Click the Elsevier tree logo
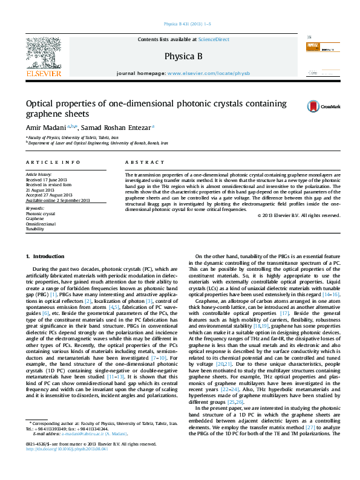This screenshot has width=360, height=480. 43,54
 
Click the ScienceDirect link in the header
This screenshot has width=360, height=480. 214,39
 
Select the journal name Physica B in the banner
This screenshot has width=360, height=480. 180,56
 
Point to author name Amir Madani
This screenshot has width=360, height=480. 45,128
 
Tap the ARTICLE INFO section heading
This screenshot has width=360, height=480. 53,163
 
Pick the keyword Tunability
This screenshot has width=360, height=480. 34,229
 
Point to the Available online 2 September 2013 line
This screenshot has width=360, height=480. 57,200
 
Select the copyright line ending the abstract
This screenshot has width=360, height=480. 298,215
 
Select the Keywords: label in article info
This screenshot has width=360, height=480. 36,209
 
